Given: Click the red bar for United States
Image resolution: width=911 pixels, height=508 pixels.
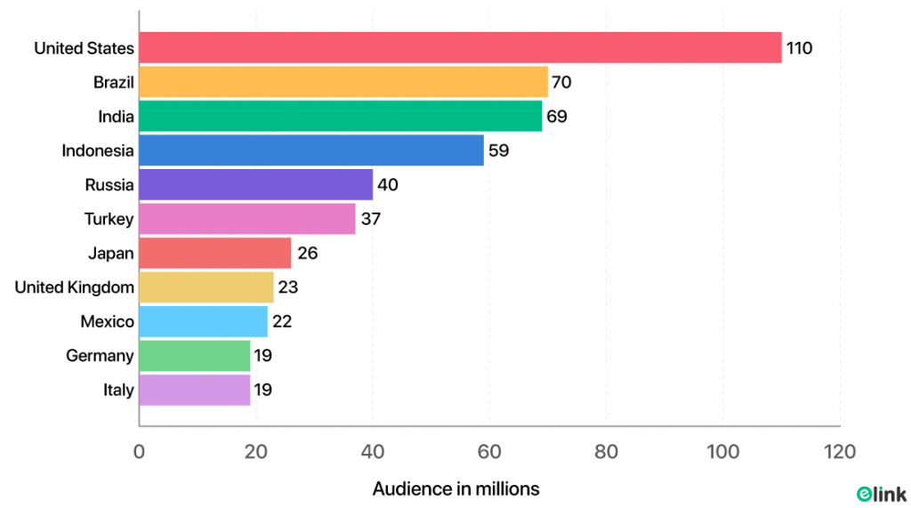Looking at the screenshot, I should click(460, 48).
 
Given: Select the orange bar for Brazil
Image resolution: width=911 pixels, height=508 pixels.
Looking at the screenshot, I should click(343, 83).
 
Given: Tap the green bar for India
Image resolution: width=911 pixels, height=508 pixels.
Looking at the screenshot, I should click(341, 117).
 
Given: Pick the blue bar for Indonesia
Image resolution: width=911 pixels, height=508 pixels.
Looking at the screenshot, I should click(311, 150).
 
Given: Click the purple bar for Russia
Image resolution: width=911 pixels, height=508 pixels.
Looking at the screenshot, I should click(256, 185).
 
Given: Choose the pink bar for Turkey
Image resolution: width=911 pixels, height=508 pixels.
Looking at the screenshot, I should click(247, 219).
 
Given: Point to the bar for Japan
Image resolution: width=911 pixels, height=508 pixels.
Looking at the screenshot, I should click(215, 254).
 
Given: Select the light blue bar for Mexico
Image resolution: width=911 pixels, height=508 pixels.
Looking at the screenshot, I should click(204, 321).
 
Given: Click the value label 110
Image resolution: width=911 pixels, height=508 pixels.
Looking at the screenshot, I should click(799, 48).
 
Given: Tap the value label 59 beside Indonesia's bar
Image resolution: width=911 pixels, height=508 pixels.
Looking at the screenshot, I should click(498, 150).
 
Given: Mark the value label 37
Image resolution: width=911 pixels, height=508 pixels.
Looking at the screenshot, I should click(370, 219).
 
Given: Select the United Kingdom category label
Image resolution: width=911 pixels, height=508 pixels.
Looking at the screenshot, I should click(74, 287).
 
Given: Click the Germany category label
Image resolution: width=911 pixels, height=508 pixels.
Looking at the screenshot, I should click(100, 356).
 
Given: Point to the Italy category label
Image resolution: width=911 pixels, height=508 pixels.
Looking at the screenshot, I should click(117, 390).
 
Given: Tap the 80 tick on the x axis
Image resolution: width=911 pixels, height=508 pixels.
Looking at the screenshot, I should click(606, 452).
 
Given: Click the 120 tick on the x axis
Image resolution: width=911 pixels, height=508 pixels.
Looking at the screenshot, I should click(839, 452).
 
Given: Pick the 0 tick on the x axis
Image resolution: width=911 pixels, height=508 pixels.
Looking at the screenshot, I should click(140, 452).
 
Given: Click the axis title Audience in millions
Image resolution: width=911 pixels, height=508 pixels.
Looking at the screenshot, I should click(455, 488).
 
